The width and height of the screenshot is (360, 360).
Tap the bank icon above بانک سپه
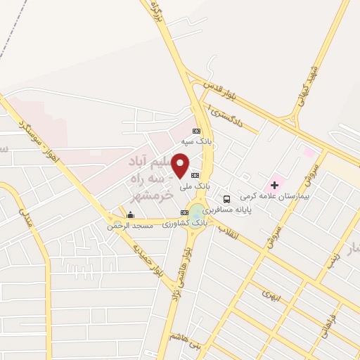point(197,131)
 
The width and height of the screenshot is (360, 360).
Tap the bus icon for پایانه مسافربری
point(226,198)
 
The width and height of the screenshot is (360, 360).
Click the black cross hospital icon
point(274,185)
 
